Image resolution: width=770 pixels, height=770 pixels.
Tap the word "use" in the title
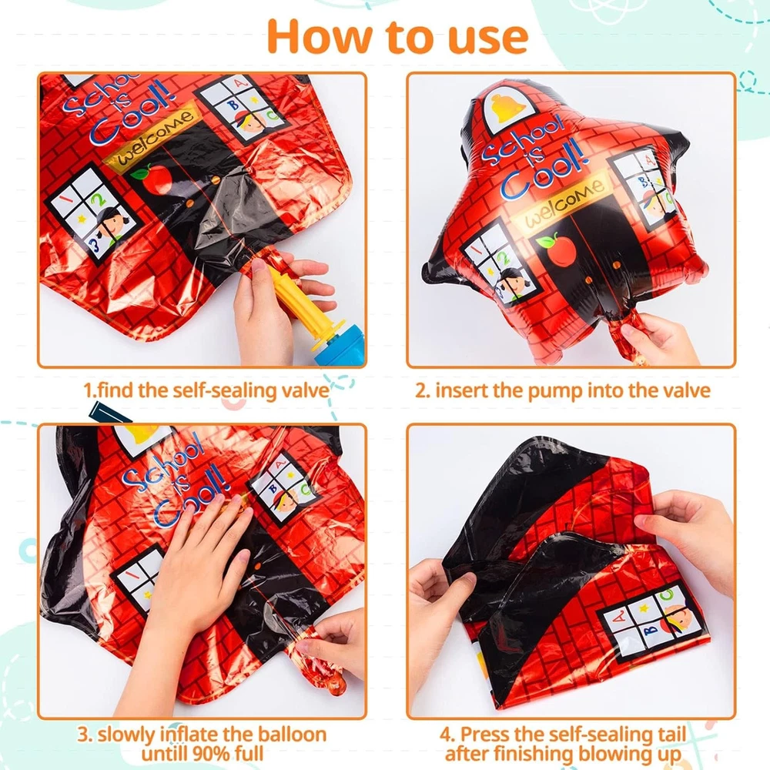point(488,40)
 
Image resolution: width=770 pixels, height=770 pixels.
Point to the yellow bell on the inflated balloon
point(508,109)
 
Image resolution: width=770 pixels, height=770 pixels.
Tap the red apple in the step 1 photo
point(155,179)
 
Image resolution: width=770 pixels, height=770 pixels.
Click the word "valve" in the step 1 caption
point(304,391)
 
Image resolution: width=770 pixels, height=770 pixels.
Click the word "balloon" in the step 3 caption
point(292,735)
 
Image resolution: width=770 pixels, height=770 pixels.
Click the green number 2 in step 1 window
point(100,199)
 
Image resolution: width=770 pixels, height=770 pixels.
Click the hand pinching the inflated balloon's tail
point(658,338)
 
